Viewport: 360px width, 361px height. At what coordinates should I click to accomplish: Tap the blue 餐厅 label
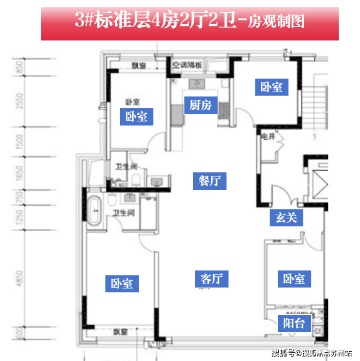(210, 180)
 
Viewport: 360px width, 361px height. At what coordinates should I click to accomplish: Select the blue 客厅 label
(212, 279)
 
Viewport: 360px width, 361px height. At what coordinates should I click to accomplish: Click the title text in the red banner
(189, 20)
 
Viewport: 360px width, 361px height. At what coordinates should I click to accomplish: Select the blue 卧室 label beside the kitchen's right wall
(271, 87)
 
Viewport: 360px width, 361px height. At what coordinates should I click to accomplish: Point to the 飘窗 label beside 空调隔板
(139, 66)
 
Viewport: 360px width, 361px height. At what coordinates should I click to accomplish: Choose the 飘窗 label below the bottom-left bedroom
(120, 332)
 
